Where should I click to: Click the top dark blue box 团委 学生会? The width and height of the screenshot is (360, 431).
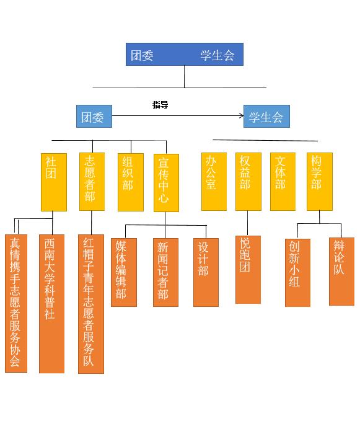[184, 54]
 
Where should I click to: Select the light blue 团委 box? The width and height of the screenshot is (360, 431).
[94, 116]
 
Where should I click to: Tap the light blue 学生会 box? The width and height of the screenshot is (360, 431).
[266, 116]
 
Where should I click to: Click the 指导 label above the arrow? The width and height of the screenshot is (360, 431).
[160, 105]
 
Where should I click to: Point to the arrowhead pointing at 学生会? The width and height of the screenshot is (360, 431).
[241, 115]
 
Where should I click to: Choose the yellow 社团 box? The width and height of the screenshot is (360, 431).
[53, 182]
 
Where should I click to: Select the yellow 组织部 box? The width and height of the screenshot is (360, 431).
[130, 182]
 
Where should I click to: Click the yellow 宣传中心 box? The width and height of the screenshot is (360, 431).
[165, 182]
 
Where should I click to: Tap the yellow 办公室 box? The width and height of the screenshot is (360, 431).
[214, 181]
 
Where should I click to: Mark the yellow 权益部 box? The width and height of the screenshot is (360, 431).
[248, 181]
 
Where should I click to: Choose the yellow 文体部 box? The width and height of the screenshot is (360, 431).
[283, 181]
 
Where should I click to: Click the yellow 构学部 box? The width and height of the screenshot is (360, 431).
[319, 181]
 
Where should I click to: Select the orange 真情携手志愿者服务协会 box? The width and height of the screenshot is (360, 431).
[15, 303]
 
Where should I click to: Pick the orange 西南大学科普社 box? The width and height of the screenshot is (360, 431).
[51, 304]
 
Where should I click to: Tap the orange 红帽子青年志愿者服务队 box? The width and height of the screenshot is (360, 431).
[90, 304]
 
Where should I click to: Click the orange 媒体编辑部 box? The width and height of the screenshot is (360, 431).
[123, 272]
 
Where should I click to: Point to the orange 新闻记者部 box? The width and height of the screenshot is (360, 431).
[165, 272]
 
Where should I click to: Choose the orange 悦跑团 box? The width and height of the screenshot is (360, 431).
[248, 269]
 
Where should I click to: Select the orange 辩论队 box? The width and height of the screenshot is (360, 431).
[341, 272]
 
